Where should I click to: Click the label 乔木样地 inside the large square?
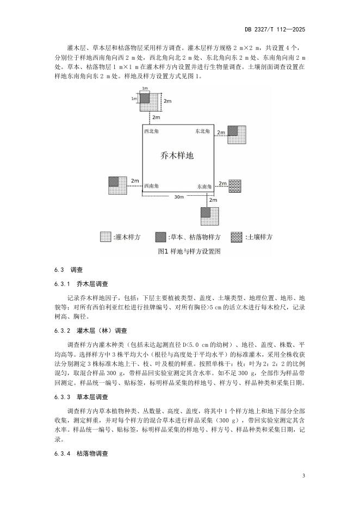(177, 156)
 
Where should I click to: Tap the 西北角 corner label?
(153, 132)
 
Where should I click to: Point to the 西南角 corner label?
(152, 186)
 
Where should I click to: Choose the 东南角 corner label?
(204, 187)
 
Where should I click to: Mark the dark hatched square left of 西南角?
(114, 181)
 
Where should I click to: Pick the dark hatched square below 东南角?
(206, 212)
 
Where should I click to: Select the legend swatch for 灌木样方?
(105, 237)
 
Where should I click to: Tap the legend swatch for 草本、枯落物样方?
(160, 237)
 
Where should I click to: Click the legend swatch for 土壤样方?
(237, 237)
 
